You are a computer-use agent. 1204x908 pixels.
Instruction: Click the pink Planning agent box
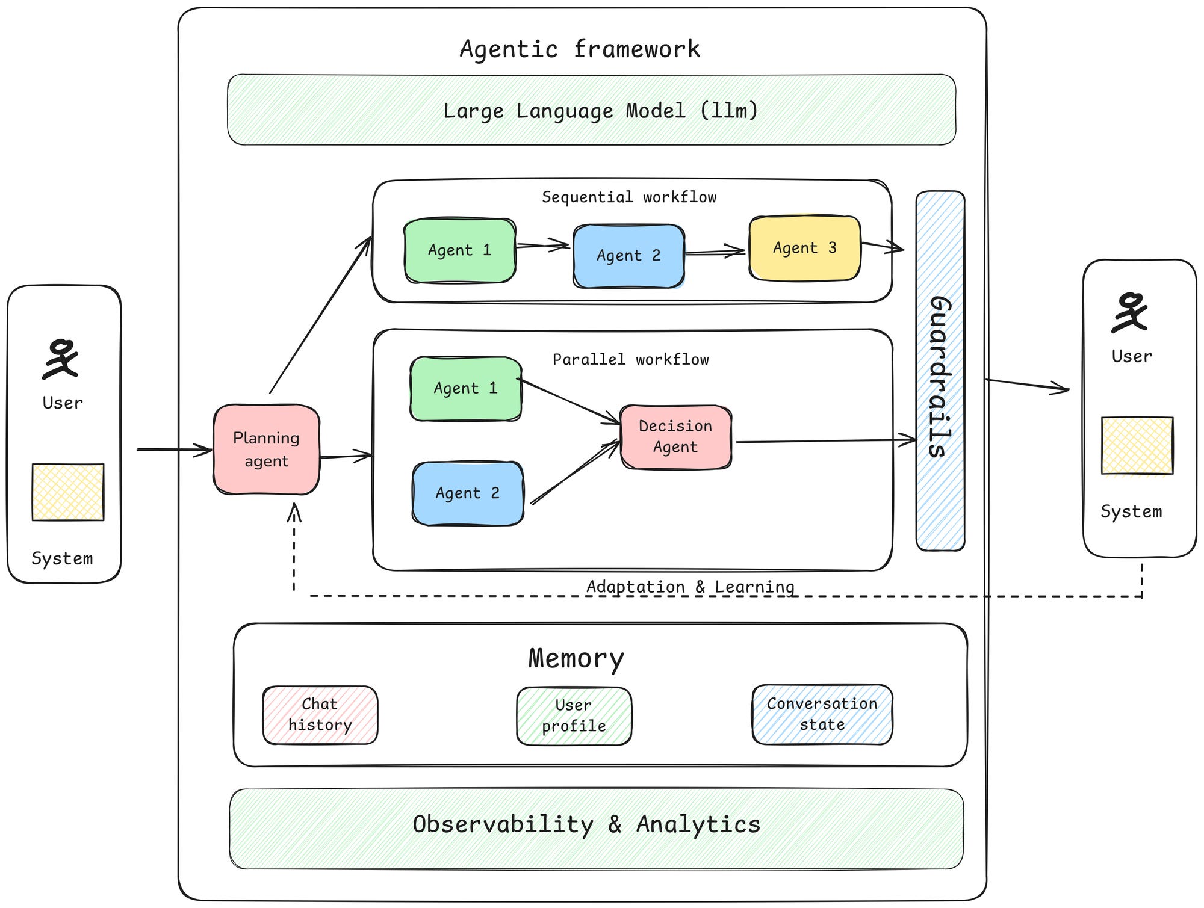266,449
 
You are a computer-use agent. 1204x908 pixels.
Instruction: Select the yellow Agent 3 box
804,248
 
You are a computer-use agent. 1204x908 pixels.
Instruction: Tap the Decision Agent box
675,437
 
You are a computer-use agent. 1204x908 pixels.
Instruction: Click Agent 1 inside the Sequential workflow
460,250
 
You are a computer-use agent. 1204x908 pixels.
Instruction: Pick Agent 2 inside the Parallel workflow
468,493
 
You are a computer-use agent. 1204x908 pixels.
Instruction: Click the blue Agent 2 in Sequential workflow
628,256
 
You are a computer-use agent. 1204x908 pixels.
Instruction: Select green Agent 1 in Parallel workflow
465,389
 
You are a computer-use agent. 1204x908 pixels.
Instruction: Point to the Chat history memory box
320,715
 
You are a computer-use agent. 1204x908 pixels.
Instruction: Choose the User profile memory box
574,716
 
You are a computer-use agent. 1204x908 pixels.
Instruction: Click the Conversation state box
822,714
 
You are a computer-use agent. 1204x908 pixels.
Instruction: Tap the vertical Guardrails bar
940,371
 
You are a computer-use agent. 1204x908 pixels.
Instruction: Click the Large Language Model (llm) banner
591,110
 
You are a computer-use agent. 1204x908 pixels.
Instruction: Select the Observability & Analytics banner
596,829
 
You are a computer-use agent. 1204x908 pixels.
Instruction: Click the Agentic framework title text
580,49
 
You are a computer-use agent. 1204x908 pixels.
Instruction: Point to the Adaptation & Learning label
690,586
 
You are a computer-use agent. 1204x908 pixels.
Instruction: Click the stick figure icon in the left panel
61,359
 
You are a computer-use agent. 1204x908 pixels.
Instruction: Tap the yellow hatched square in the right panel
1137,445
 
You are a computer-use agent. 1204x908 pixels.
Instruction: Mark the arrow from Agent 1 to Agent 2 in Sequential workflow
542,246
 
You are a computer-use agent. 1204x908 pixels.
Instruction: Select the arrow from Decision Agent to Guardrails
825,441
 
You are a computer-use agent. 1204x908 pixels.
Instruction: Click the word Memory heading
576,658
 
